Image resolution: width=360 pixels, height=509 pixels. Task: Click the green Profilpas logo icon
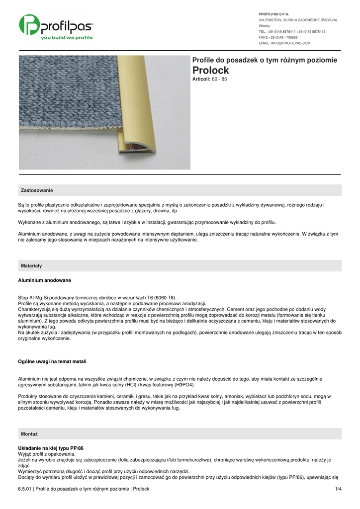tap(30, 25)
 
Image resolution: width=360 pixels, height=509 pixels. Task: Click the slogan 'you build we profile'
tap(67, 38)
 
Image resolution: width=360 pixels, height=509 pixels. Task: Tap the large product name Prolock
tap(210, 71)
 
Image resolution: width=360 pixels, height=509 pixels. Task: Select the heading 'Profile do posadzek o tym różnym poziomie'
tap(265, 60)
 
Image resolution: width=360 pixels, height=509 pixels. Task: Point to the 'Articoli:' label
tap(201, 79)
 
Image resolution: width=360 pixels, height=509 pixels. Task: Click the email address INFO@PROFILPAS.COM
tap(284, 43)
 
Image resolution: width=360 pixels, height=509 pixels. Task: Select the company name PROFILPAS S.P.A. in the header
tap(274, 14)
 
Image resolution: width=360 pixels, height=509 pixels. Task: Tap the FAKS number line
tap(278, 37)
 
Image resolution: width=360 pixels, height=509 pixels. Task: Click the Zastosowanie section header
tap(37, 190)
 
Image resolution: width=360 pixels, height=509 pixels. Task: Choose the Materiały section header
tap(31, 266)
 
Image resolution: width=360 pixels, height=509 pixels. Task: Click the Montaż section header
tap(29, 434)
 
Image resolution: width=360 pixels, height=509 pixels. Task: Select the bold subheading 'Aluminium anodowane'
tap(45, 280)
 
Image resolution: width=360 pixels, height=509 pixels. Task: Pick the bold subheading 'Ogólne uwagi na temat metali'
tap(55, 361)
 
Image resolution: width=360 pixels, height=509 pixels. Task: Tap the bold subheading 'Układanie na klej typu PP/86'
tap(51, 448)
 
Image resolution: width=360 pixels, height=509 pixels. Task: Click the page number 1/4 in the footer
tap(339, 489)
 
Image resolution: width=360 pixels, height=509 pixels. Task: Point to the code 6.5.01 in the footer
tap(25, 489)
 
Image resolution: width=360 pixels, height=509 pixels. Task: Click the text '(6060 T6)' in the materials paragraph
tap(164, 298)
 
